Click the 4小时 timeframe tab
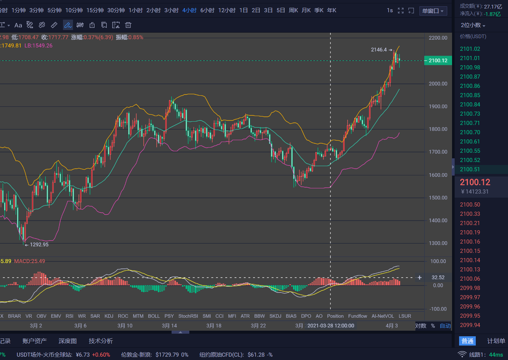[189, 10]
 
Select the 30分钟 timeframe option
[116, 10]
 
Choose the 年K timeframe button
[332, 10]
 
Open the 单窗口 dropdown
[433, 11]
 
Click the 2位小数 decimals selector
[473, 25]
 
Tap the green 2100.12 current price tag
[438, 60]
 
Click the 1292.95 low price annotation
[39, 245]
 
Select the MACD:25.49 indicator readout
[30, 261]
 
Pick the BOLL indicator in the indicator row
[154, 316]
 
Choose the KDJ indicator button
[109, 316]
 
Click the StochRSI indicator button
[188, 316]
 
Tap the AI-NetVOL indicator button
[383, 316]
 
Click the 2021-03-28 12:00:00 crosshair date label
[331, 326]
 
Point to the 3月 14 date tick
[169, 326]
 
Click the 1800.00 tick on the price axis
[438, 129]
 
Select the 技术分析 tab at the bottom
[101, 341]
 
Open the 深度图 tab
[67, 341]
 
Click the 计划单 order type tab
[496, 341]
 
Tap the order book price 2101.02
[470, 49]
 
